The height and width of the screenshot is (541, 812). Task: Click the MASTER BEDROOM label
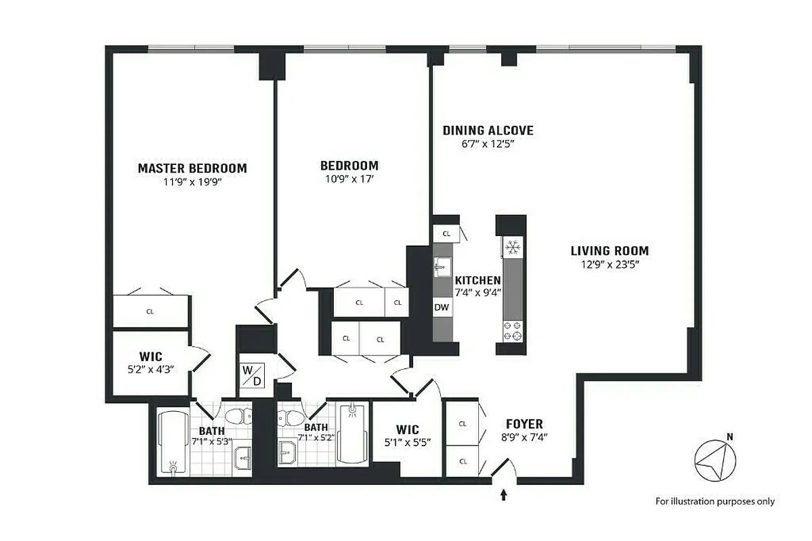pyautogui.click(x=192, y=168)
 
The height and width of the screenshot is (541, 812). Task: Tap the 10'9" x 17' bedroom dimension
pyautogui.click(x=349, y=179)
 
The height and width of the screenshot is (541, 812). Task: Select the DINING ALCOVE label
pyautogui.click(x=488, y=131)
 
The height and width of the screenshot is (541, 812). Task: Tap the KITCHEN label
pyautogui.click(x=477, y=280)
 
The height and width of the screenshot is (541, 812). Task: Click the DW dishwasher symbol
pyautogui.click(x=442, y=306)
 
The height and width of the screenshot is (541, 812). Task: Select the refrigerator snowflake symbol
pyautogui.click(x=512, y=248)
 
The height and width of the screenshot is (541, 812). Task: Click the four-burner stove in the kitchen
pyautogui.click(x=512, y=331)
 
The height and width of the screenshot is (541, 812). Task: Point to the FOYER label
pyautogui.click(x=524, y=424)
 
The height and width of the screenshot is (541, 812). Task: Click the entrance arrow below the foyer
pyautogui.click(x=503, y=495)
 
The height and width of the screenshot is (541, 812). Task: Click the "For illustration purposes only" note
pyautogui.click(x=714, y=501)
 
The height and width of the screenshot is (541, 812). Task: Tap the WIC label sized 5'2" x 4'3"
pyautogui.click(x=151, y=356)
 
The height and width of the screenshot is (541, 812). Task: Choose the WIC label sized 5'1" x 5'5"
pyautogui.click(x=408, y=429)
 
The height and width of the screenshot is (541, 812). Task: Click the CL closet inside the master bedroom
pyautogui.click(x=150, y=312)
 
